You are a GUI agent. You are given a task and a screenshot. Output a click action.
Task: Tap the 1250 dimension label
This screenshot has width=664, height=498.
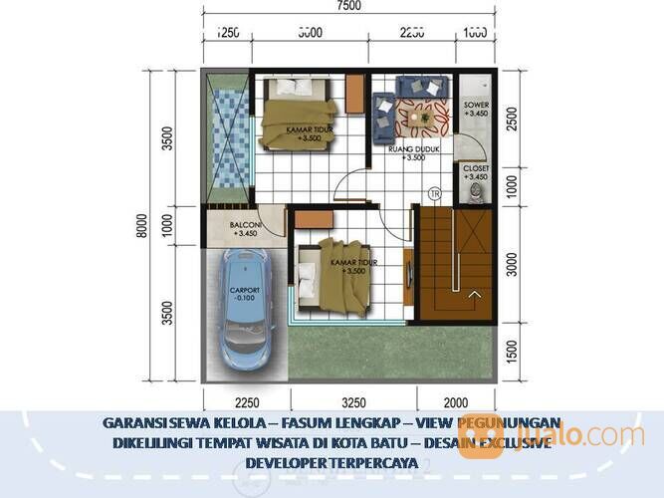(x=229, y=32)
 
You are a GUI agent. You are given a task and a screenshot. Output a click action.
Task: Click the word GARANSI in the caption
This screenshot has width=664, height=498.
(x=133, y=422)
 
